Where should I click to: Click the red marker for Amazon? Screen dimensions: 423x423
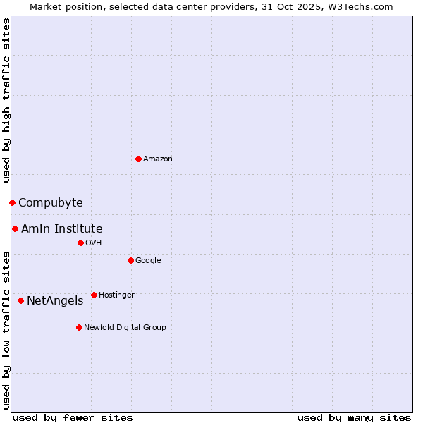(x=138, y=159)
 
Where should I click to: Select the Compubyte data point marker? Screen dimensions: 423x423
(x=12, y=203)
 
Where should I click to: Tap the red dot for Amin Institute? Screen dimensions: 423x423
(x=15, y=228)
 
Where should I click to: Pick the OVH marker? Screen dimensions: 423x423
(x=80, y=243)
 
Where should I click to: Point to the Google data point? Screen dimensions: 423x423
(x=130, y=260)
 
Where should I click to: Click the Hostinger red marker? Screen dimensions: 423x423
(x=94, y=295)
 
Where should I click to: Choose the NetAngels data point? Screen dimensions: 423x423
(x=20, y=300)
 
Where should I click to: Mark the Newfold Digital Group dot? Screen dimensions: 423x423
(x=79, y=327)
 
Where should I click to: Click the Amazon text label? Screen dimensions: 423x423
(x=158, y=159)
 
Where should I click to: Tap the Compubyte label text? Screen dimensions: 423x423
(x=50, y=203)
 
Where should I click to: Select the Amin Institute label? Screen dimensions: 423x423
(x=61, y=228)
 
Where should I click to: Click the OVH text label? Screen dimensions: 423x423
(x=94, y=243)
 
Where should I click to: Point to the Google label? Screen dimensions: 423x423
(x=148, y=261)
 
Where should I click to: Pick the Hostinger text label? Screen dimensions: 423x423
(x=116, y=295)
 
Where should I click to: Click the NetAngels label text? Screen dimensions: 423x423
(x=55, y=301)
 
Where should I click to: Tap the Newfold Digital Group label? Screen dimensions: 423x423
(x=125, y=327)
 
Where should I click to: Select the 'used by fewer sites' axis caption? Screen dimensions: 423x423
(x=73, y=417)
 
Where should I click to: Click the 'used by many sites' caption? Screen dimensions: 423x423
(x=354, y=417)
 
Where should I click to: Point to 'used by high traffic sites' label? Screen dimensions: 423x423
(x=6, y=100)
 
